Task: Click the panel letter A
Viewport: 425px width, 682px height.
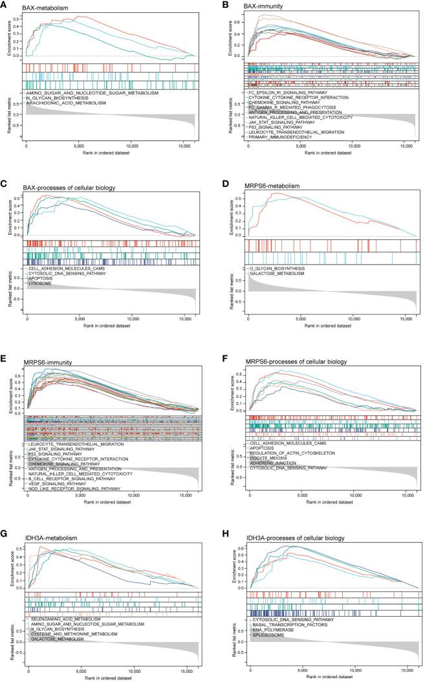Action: tap(5, 5)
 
